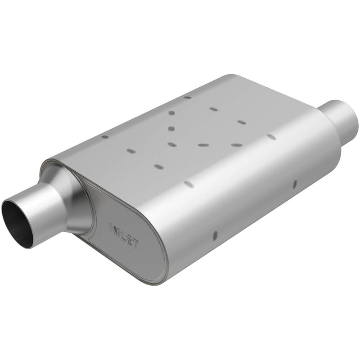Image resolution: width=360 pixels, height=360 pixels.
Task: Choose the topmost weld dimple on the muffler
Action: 187,97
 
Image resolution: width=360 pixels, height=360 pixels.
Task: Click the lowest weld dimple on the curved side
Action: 215,235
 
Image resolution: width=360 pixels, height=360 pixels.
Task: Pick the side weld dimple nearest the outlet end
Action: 295,183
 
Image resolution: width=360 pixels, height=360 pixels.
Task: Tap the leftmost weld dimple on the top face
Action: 105,137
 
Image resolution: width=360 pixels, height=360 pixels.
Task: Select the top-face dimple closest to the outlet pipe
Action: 271,136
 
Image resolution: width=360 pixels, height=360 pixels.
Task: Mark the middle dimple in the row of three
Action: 203,145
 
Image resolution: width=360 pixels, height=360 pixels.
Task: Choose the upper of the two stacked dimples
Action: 171,113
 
